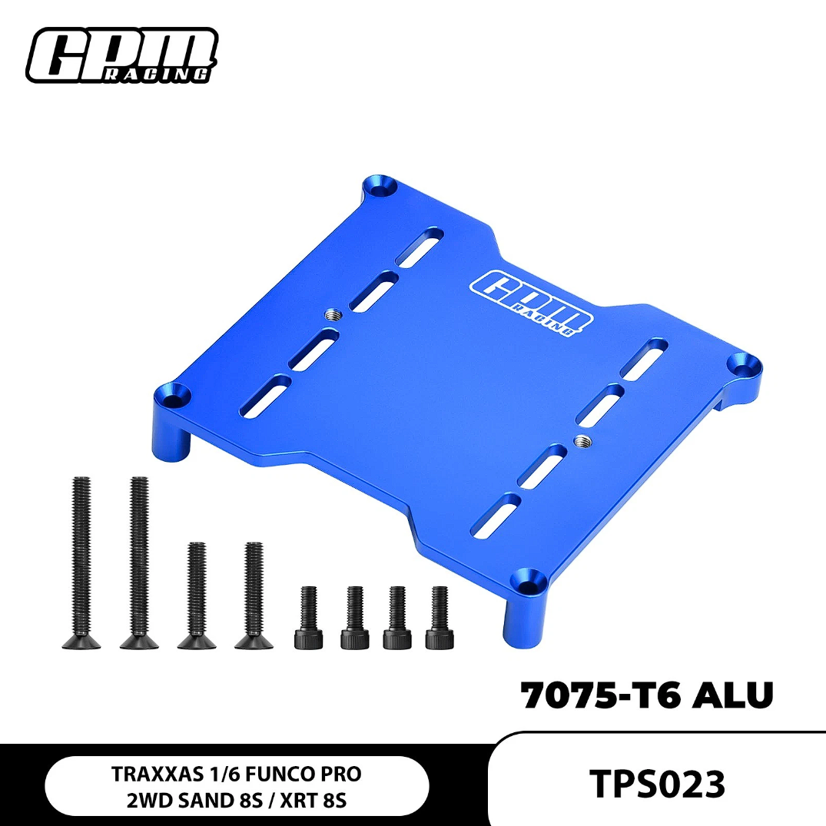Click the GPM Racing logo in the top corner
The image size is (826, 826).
(122, 55)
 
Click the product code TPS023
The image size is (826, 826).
(657, 784)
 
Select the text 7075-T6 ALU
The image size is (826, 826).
(647, 695)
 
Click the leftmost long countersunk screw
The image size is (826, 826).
(81, 562)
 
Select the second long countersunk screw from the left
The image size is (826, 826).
(139, 562)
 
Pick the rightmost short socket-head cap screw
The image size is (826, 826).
(440, 618)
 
